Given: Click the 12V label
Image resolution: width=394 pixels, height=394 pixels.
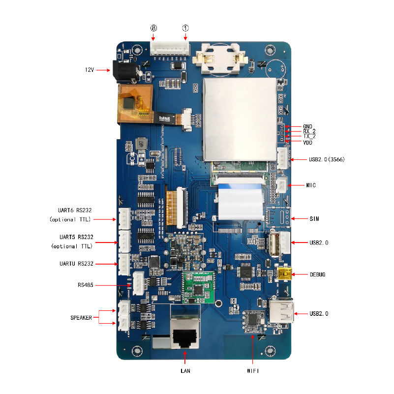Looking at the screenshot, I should click(x=89, y=70).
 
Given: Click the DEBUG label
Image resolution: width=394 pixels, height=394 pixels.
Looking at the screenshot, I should click(x=318, y=274).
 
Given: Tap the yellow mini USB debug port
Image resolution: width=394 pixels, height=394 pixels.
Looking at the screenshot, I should click(x=285, y=274).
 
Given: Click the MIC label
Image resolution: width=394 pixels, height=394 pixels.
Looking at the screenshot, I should click(x=311, y=185).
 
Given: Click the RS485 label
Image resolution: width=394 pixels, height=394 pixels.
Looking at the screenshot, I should click(x=86, y=285).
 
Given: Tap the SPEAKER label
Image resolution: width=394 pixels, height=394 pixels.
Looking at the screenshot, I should click(x=81, y=318).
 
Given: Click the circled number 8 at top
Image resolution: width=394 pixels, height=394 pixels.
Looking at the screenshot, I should click(x=153, y=29).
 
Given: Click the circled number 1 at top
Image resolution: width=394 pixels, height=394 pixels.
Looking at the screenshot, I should click(x=185, y=29).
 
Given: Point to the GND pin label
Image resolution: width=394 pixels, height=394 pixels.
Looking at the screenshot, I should click(x=308, y=126).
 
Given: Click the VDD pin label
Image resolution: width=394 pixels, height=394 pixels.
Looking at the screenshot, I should click(x=308, y=143).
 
